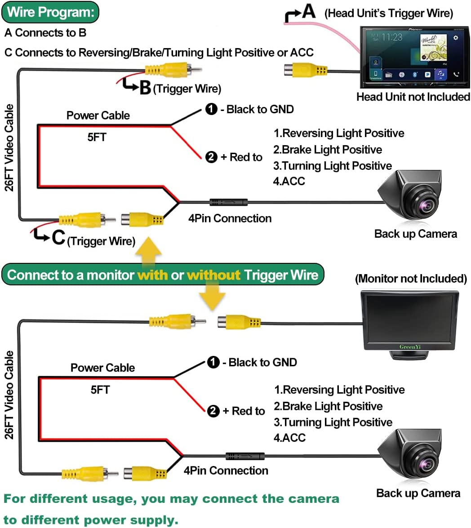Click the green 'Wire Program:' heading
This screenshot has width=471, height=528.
click(50, 12)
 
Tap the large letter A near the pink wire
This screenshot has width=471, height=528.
click(308, 11)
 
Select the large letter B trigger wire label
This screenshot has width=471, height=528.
click(145, 87)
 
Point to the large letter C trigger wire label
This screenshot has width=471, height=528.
click(58, 238)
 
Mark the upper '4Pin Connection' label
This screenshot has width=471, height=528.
click(230, 218)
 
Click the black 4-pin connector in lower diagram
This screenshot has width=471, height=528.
click(245, 456)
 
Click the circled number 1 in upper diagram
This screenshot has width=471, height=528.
click(211, 109)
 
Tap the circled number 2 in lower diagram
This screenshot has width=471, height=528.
click(213, 411)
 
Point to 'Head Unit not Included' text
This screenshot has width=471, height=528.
click(413, 97)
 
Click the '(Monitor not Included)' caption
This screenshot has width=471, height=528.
click(411, 279)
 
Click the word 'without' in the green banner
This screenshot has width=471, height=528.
click(213, 275)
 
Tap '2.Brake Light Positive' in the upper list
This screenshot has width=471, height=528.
click(328, 150)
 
